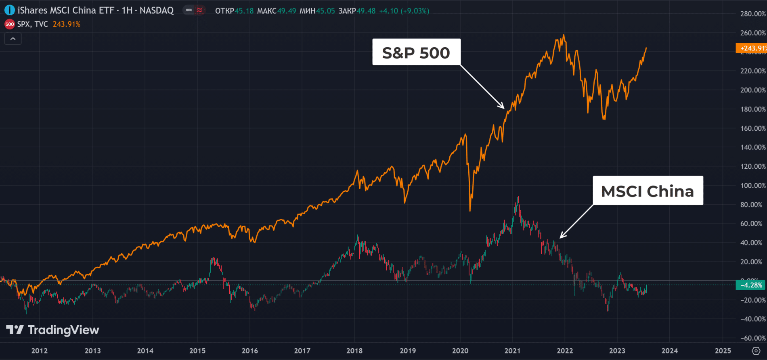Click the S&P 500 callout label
pos(416,52)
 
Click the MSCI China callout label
pos(648,191)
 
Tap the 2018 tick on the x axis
pos(354,351)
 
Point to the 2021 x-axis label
pos(512,351)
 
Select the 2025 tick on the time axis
pos(723,351)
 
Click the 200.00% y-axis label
pos(753,90)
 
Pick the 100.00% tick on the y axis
pos(753,186)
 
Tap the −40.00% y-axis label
pos(753,319)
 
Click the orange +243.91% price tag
pos(751,48)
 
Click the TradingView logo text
pos(63,330)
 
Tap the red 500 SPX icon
pos(10,24)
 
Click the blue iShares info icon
pos(10,10)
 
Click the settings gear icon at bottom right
pos(756,351)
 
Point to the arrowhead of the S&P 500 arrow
pos(504,108)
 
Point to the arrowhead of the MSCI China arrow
pos(561,238)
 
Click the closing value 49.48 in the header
pos(366,11)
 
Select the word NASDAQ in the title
pos(157,10)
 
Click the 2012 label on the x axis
pos(40,351)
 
